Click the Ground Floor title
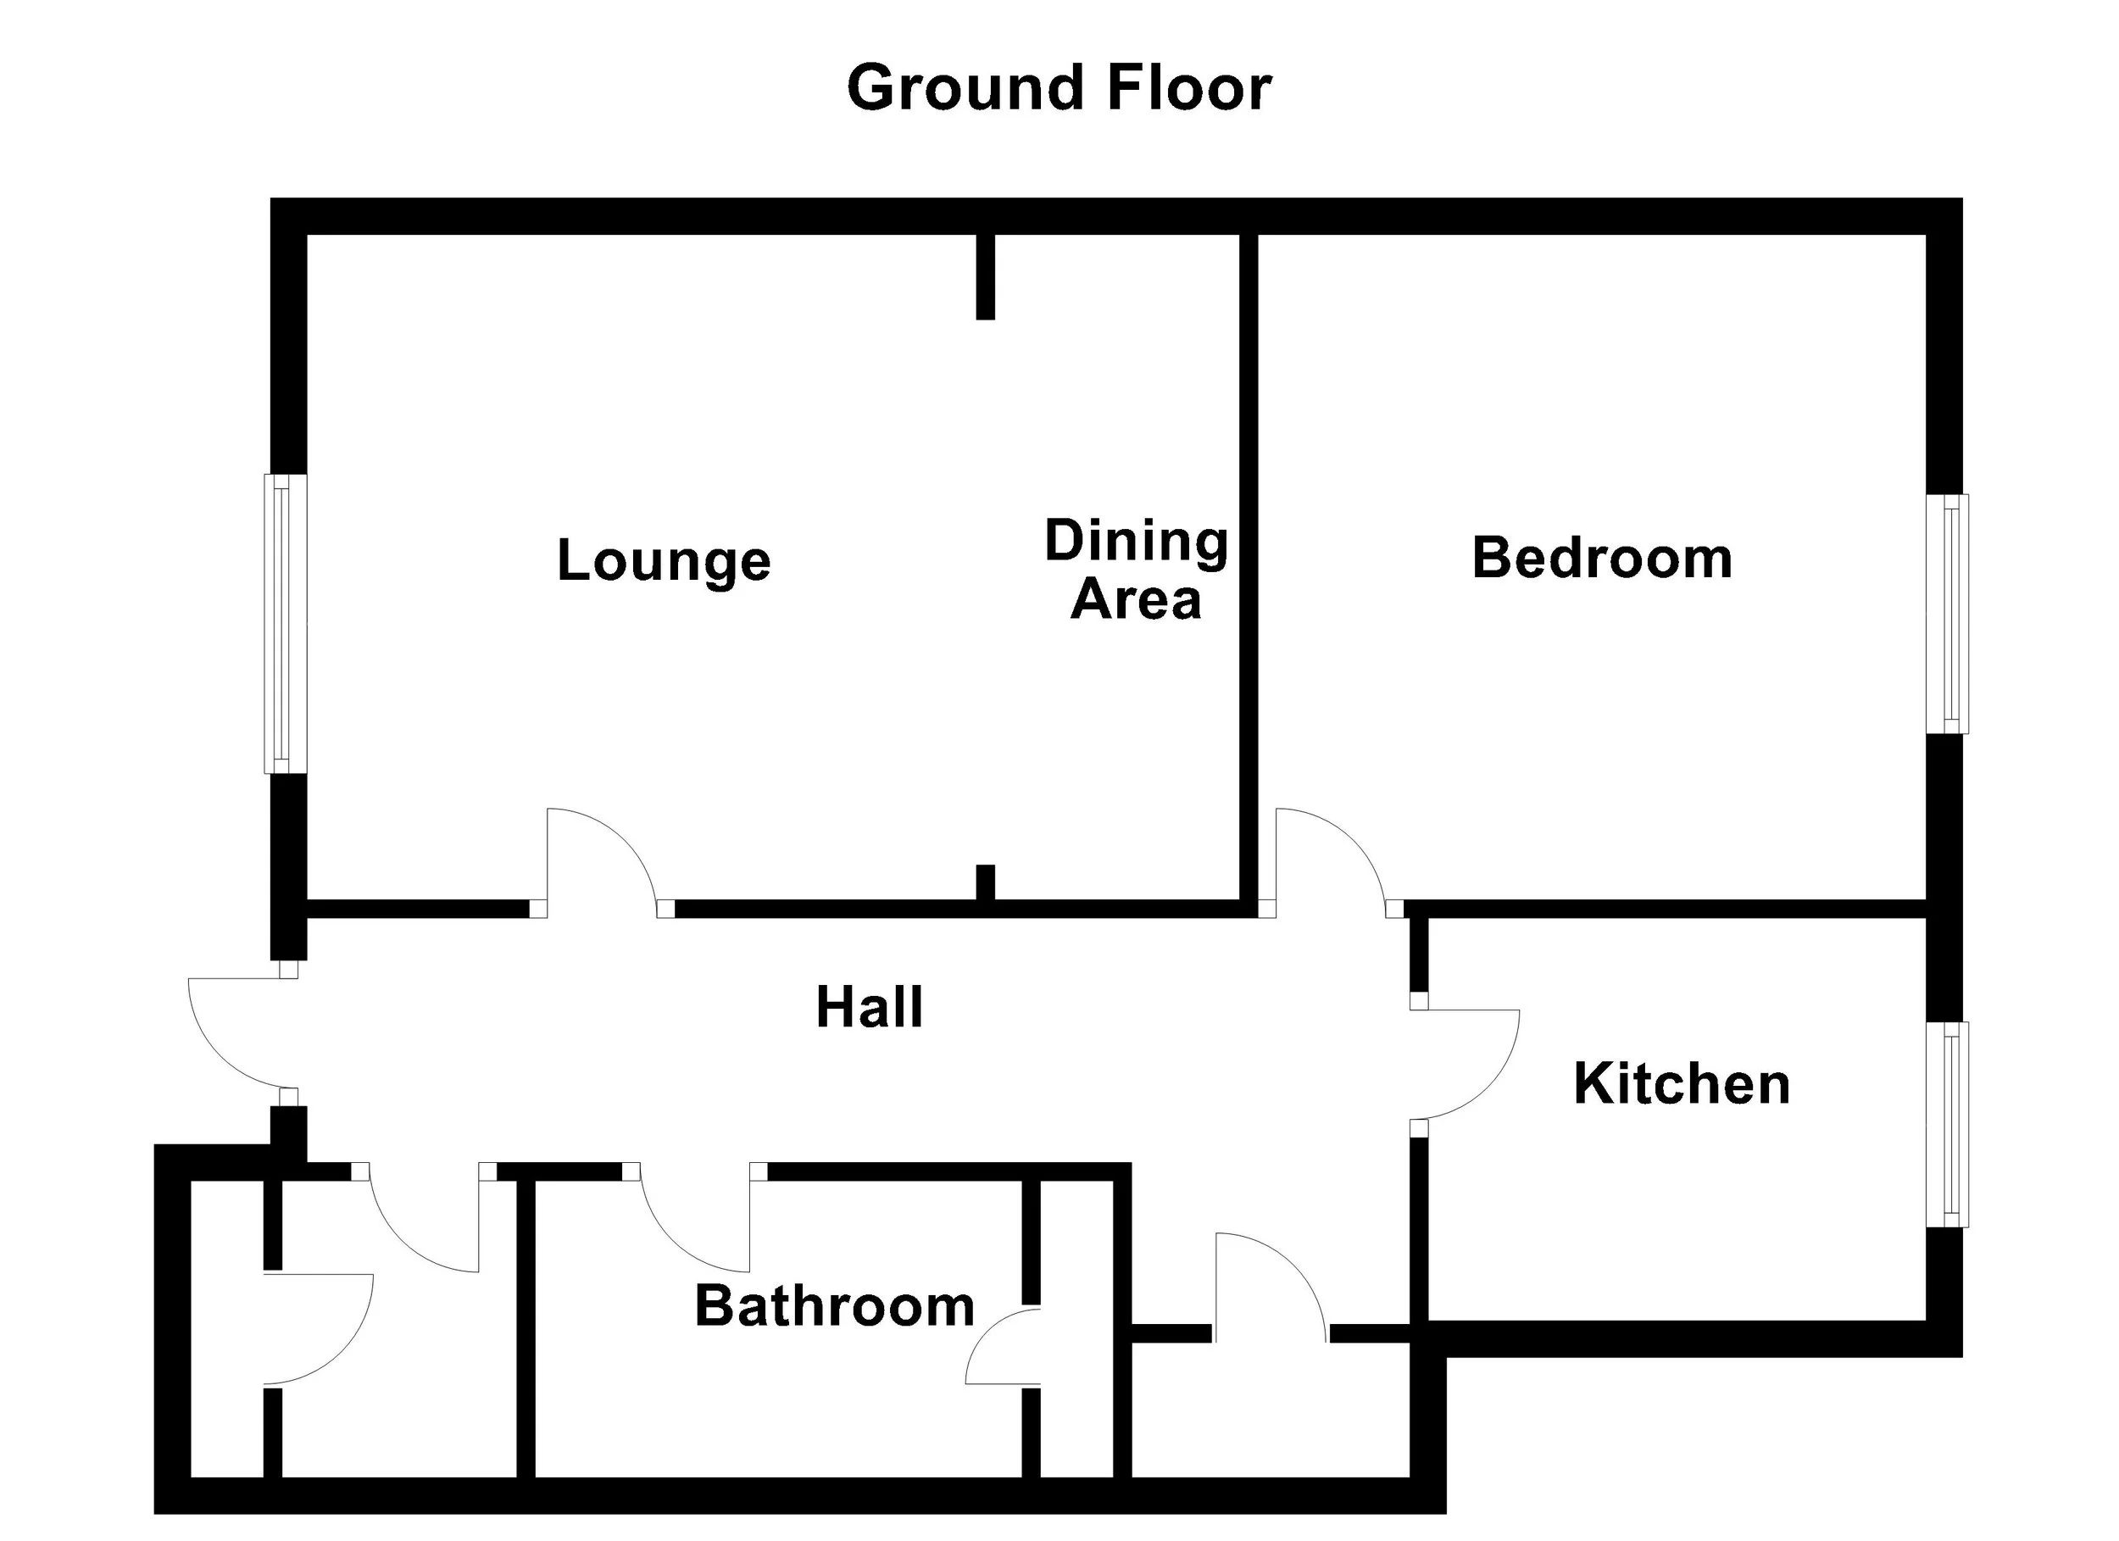point(1059,88)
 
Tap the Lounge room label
point(664,560)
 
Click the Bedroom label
point(1601,558)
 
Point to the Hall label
point(869,1007)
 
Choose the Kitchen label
point(1682,1084)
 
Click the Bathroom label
point(834,1305)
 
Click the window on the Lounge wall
point(285,624)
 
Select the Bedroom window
point(1947,614)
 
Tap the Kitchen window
point(1947,1124)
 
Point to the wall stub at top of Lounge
point(985,276)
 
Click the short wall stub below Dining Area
point(985,882)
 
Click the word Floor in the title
point(1189,88)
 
